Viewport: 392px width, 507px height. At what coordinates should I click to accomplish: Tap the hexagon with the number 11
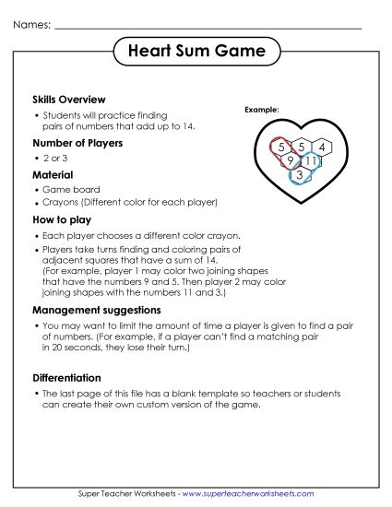[311, 161]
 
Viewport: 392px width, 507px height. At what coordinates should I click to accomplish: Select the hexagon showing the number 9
[290, 161]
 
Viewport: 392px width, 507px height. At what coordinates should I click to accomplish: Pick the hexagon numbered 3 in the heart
[300, 175]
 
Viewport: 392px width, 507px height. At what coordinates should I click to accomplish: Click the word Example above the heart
[261, 110]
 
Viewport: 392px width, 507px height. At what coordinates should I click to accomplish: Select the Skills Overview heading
[69, 99]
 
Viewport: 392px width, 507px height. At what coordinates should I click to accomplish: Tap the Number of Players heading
[77, 143]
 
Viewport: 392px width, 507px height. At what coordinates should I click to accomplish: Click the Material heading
[53, 174]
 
